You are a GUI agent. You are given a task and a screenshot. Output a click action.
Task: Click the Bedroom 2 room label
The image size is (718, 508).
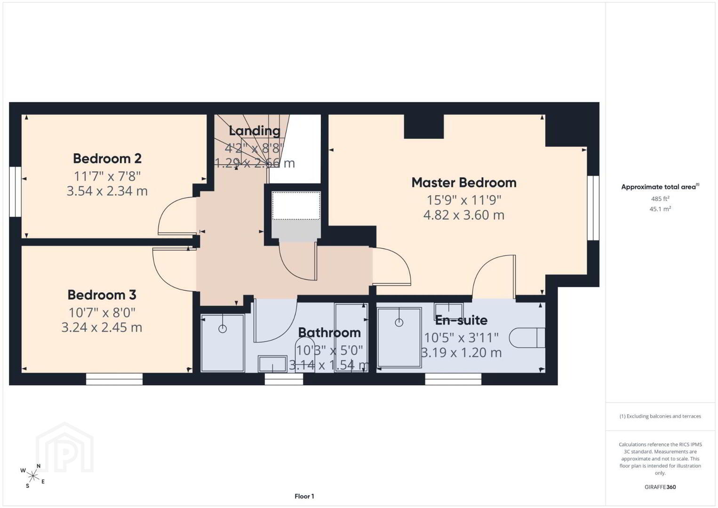[107, 159]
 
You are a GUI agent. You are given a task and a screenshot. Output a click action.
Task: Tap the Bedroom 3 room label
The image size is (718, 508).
[102, 295]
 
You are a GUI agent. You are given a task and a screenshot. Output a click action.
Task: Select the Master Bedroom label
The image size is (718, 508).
[464, 183]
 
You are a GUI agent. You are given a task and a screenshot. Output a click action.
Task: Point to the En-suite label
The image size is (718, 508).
[461, 320]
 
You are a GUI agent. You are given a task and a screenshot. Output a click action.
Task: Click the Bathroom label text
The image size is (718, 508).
[329, 333]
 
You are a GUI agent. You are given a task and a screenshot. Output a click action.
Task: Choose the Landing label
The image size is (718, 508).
[255, 131]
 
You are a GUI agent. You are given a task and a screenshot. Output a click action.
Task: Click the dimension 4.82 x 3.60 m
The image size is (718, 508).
[464, 215]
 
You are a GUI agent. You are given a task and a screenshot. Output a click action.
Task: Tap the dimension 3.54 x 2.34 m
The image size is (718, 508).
[107, 191]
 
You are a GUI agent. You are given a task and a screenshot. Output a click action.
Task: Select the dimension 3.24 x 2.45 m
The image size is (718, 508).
[102, 327]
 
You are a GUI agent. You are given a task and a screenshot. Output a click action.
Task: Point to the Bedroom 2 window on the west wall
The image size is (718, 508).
[16, 191]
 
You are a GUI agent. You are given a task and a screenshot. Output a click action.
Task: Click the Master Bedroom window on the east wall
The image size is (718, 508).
[593, 208]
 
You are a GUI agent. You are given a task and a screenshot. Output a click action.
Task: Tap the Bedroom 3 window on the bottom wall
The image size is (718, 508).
[114, 379]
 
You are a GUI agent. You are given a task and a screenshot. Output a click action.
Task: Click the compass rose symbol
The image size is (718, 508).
[32, 476]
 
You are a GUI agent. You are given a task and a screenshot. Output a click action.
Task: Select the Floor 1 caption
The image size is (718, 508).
[304, 496]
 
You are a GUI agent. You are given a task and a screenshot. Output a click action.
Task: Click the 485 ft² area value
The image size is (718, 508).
[660, 198]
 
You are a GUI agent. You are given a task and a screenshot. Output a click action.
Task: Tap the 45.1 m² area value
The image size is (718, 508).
[660, 209]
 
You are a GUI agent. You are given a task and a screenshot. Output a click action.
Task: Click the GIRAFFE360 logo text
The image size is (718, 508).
[660, 487]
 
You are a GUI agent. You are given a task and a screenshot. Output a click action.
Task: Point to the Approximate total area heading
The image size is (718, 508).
[660, 187]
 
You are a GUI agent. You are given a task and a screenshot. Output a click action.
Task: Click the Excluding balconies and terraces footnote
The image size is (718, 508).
[660, 416]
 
